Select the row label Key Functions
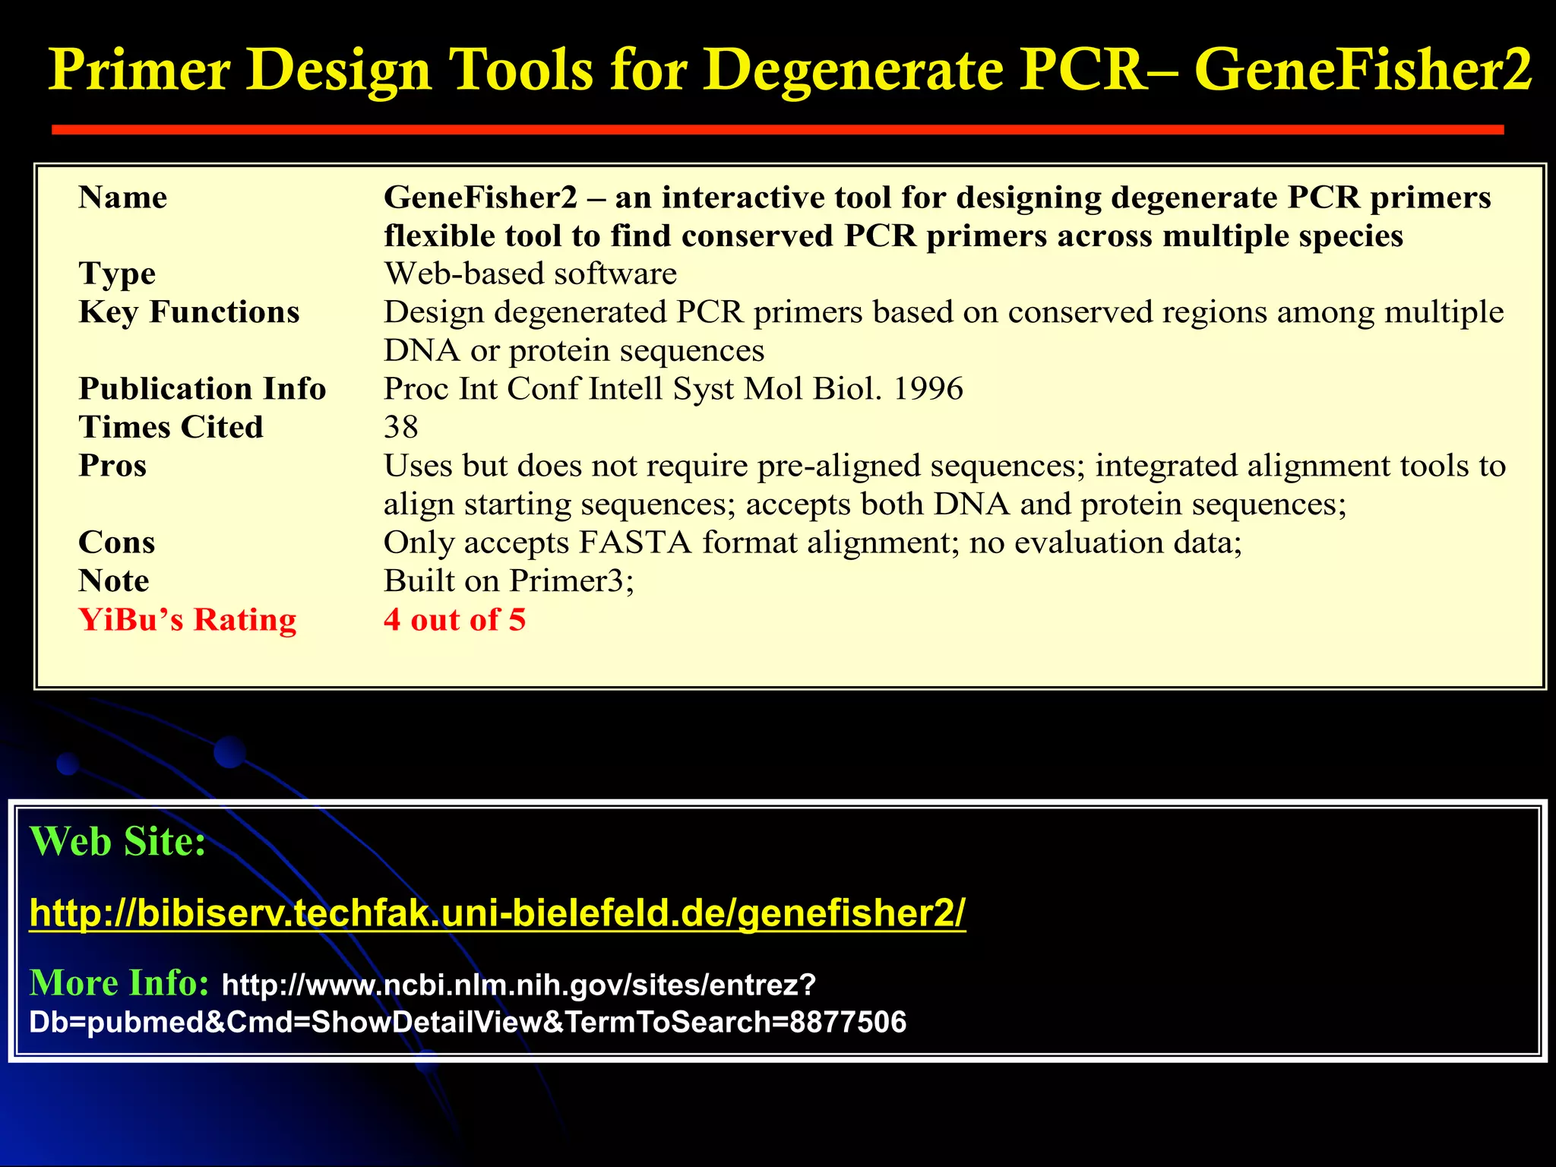click(189, 312)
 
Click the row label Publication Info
click(202, 389)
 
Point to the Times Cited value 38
click(400, 427)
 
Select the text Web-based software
click(530, 274)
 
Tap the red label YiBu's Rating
click(188, 620)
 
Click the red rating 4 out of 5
click(454, 620)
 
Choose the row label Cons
click(117, 542)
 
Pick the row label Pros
click(112, 466)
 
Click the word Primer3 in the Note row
click(568, 581)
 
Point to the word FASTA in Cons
click(635, 542)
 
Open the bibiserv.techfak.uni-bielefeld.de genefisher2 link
click(498, 912)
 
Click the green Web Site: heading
click(118, 842)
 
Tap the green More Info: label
click(119, 983)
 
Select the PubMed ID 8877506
click(848, 1023)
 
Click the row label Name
click(122, 198)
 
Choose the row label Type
click(117, 274)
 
